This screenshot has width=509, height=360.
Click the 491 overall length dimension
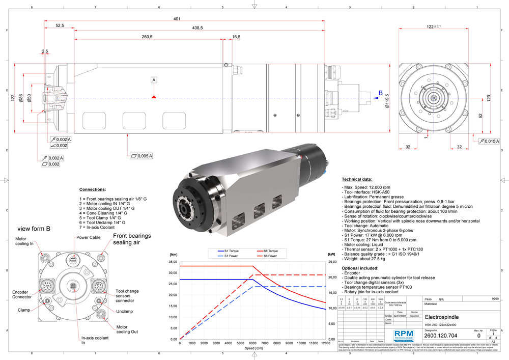(177, 19)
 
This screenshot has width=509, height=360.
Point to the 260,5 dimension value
(148, 37)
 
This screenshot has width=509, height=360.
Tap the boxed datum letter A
(154, 80)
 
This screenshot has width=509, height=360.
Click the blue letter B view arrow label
(380, 93)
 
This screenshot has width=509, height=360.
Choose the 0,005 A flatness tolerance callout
(142, 155)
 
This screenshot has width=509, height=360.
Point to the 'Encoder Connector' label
(21, 295)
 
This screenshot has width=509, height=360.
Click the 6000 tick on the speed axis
(252, 343)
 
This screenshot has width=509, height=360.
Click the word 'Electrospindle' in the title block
(441, 317)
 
